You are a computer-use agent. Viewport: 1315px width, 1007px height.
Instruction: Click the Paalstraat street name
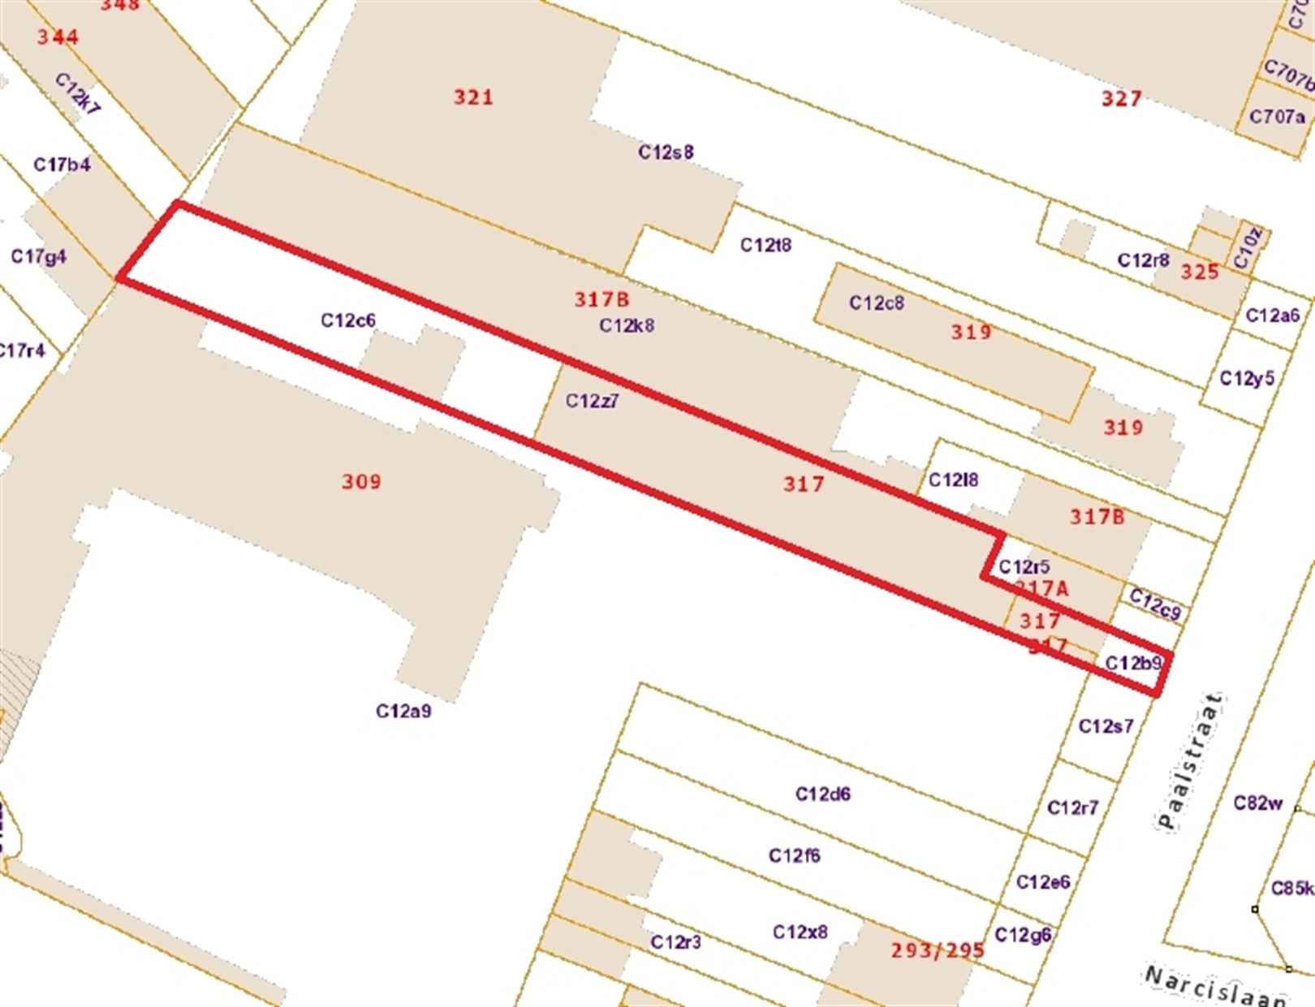coord(1190,760)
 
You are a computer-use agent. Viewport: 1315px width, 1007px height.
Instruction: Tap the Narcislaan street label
coord(1215,985)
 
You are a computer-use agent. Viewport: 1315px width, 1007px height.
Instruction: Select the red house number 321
coord(473,97)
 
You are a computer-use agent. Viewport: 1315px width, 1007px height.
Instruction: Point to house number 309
coord(361,482)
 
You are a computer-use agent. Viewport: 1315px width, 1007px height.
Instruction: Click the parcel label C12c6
coord(348,321)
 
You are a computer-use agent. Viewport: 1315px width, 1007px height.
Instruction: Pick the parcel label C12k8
coord(627,325)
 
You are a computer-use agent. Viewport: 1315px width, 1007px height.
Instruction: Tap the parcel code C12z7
coord(593,401)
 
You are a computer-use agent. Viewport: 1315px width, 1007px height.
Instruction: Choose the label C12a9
coord(403,712)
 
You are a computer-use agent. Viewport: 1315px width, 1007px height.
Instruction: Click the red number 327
coord(1122,99)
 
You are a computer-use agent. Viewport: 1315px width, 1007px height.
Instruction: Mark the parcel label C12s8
coord(666,152)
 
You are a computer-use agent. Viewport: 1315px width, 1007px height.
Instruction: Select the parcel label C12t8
coord(765,245)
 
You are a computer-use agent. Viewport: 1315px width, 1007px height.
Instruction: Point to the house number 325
coord(1200,272)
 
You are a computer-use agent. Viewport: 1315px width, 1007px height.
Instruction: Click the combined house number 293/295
coord(938,950)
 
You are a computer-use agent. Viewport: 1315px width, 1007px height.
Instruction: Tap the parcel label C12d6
coord(823,794)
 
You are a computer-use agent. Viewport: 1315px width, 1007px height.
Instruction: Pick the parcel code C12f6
coord(795,855)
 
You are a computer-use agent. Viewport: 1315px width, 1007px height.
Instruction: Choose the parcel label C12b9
coord(1134,663)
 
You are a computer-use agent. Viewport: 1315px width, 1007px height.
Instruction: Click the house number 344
coord(58,37)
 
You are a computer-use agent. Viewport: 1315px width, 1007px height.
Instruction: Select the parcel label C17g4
coord(39,256)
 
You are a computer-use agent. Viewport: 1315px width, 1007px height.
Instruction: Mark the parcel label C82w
coord(1258,803)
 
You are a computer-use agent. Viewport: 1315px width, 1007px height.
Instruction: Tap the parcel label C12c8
coord(877,303)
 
